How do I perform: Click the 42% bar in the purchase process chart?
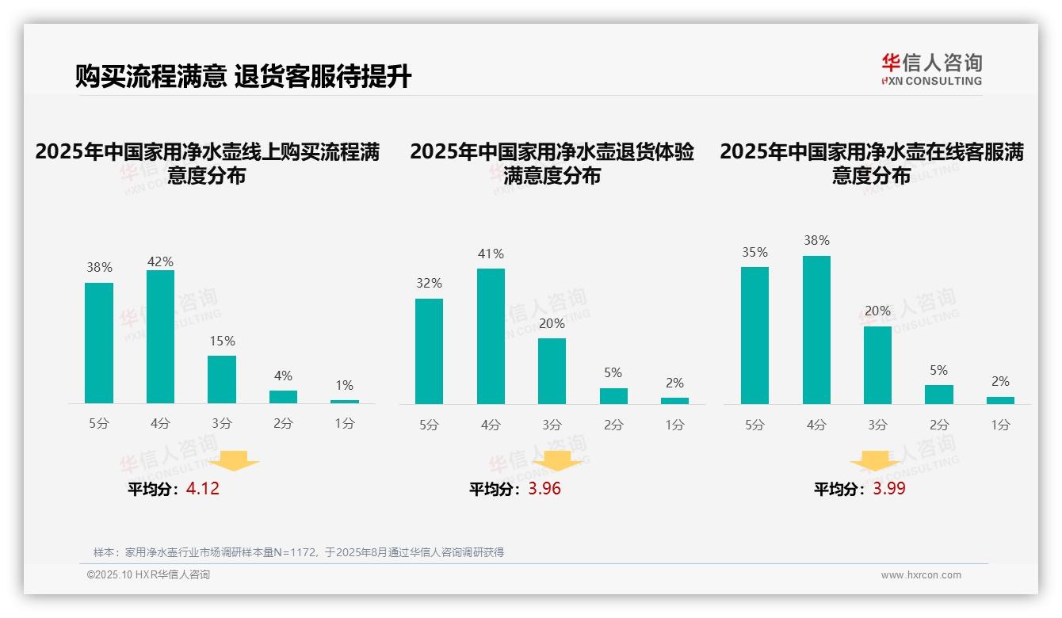point(160,337)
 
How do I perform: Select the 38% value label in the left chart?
point(99,268)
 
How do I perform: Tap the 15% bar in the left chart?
point(222,380)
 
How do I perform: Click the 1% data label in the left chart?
point(344,385)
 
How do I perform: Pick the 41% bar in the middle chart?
point(491,336)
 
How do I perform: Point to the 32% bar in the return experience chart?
point(429,351)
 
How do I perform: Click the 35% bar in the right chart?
point(754,335)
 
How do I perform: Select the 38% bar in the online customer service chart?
point(816,330)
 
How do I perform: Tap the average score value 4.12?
point(203,489)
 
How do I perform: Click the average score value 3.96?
point(544,489)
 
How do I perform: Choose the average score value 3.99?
point(889,489)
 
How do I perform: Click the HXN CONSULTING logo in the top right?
point(931,70)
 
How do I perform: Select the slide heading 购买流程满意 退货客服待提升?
point(243,76)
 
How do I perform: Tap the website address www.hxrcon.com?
point(921,575)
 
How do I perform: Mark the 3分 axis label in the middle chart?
point(552,425)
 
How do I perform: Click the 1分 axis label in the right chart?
point(1000,425)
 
